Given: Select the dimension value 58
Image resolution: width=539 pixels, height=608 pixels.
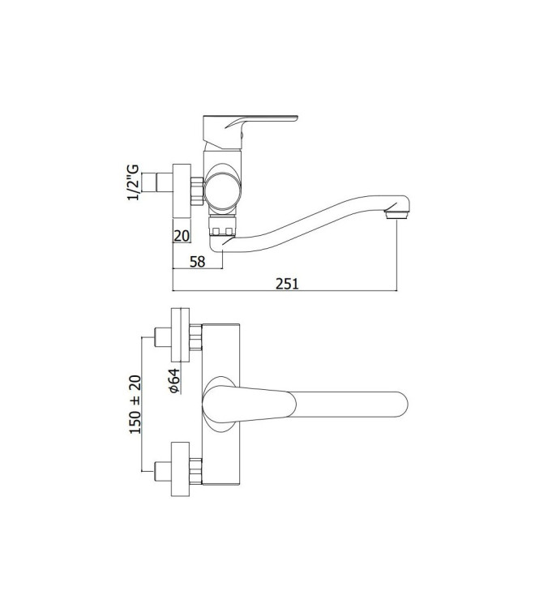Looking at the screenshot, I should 197,260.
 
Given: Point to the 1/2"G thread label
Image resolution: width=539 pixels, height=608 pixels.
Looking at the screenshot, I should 135,186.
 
